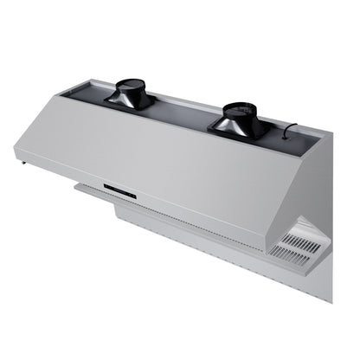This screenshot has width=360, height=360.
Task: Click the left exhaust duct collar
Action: coord(131,88)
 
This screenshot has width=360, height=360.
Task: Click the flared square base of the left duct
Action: coord(131,100)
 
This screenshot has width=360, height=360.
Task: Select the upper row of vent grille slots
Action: coord(295,237)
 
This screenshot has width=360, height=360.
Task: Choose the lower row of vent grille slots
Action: coord(291,252)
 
